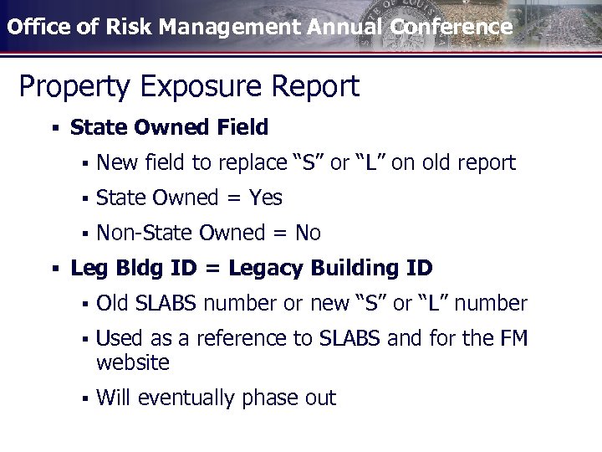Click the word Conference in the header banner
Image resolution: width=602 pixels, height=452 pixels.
click(x=451, y=26)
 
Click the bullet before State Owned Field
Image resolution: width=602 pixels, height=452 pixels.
click(x=54, y=128)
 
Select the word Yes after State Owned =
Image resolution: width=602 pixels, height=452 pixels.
click(x=265, y=198)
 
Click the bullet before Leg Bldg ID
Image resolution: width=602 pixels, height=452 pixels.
click(x=54, y=269)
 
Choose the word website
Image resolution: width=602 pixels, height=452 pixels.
click(x=133, y=363)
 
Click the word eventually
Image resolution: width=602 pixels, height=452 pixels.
click(x=186, y=398)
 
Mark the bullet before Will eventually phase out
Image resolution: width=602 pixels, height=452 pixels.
click(x=84, y=398)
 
